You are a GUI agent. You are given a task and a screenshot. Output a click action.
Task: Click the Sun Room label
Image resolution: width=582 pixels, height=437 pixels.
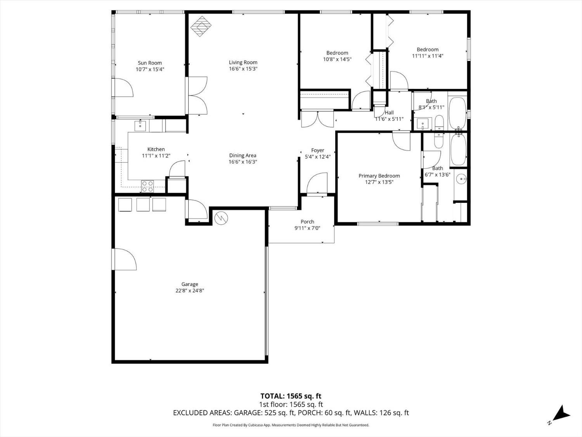150,63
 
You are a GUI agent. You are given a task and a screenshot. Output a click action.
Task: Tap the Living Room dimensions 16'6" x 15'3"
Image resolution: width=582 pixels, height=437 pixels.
243,69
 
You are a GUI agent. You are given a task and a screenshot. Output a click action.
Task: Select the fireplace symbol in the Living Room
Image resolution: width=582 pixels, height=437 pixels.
201,26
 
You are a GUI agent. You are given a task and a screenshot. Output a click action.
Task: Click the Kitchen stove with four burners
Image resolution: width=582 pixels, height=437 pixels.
147,186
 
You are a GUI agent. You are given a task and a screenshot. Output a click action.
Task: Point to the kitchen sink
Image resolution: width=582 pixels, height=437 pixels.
140,125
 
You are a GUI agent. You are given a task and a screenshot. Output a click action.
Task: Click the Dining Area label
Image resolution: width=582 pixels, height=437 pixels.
243,155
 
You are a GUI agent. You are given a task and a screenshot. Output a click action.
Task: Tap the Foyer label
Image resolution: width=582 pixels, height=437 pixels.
318,150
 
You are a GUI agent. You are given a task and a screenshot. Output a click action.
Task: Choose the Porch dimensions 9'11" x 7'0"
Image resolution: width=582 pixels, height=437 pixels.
307,228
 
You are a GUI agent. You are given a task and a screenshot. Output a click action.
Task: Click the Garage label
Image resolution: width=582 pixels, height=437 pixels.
190,284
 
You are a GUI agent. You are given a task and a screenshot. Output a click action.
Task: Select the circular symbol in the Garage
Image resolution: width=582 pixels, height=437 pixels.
221,218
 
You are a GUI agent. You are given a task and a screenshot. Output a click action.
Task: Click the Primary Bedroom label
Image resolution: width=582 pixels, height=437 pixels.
379,176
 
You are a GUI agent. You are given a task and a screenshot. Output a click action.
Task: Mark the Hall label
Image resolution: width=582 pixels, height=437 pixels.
389,113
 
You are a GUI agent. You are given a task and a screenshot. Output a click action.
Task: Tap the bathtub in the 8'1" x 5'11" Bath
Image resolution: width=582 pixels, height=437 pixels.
457,113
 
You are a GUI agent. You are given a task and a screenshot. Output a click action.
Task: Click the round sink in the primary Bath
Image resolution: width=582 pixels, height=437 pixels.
462,179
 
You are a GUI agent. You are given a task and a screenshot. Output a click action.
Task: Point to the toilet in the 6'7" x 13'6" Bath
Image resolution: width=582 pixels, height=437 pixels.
439,140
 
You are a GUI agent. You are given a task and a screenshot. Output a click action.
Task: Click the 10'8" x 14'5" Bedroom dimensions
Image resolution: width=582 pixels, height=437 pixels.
337,59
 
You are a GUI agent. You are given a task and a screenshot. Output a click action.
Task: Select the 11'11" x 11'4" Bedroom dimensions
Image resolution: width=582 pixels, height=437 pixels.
428,56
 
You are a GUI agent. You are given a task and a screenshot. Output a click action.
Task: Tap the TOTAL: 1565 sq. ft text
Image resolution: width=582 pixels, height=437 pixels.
291,396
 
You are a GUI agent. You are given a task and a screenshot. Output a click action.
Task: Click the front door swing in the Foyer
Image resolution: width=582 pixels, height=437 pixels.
317,183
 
